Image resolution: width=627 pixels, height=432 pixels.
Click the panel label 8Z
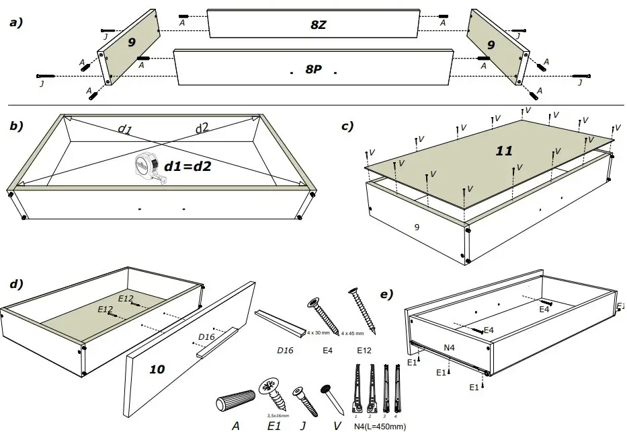tap(319, 26)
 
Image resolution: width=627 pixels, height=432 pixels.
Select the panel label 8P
tap(313, 69)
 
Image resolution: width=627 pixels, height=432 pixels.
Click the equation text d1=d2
tap(188, 165)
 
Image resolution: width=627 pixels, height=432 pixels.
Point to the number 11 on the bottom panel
tap(503, 151)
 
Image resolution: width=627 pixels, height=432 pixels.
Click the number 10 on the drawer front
tap(156, 369)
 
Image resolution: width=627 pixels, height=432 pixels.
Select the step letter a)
tap(15, 22)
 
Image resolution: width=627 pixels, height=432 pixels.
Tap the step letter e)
tap(387, 295)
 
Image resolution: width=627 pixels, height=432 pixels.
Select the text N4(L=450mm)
tap(379, 426)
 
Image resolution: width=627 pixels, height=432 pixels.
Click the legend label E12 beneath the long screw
tap(363, 351)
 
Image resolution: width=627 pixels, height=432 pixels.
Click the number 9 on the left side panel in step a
tap(132, 42)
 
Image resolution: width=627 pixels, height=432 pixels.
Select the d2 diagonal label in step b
tap(202, 129)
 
